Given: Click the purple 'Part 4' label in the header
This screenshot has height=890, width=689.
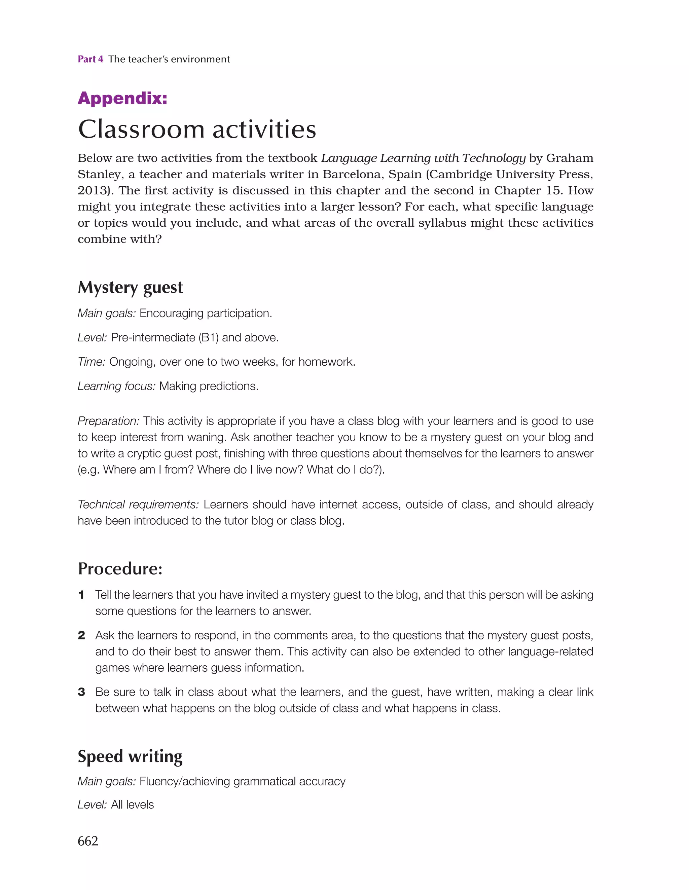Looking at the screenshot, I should (90, 59).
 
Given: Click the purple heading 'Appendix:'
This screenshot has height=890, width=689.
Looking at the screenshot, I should (122, 98).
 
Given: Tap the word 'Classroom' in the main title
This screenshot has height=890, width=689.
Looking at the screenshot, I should (141, 129).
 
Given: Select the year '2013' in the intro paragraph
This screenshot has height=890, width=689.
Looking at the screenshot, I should (93, 191).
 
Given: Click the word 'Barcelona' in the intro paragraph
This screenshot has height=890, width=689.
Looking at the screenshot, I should (352, 175).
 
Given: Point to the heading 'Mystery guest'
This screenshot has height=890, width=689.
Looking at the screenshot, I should (130, 288).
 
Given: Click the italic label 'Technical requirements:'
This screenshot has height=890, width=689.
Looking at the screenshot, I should (138, 505).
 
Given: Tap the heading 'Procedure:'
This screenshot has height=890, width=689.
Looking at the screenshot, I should (120, 569).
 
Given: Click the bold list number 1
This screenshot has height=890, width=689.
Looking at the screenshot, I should (81, 595).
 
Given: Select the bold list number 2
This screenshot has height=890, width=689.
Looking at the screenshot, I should (81, 635).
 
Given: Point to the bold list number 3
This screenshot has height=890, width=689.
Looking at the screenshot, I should (81, 692).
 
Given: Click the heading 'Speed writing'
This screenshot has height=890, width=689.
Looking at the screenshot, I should (130, 756).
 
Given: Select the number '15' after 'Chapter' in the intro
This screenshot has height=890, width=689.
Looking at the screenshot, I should (554, 191).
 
